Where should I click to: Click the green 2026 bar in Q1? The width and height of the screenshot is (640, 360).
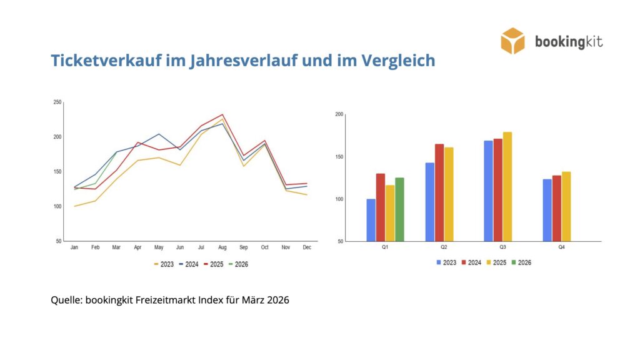[399, 209]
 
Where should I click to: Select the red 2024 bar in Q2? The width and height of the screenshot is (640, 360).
[439, 192]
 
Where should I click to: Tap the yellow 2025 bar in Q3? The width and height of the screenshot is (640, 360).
[507, 186]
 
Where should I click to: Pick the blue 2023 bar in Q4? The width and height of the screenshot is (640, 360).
[547, 210]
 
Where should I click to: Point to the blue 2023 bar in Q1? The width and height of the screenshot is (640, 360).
[371, 220]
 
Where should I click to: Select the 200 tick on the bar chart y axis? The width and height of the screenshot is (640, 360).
[339, 114]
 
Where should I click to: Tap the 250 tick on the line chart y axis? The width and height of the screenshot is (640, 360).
[57, 102]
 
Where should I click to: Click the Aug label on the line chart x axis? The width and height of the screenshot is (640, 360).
[222, 248]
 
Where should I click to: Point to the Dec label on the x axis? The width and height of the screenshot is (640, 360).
[307, 248]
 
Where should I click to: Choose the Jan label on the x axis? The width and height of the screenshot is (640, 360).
[74, 248]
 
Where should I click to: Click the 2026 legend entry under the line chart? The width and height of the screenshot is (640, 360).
[238, 264]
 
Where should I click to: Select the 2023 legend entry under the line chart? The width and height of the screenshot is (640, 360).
[164, 264]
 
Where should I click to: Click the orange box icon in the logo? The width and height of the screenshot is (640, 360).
[513, 41]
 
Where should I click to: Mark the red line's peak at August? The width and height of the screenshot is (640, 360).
[222, 115]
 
